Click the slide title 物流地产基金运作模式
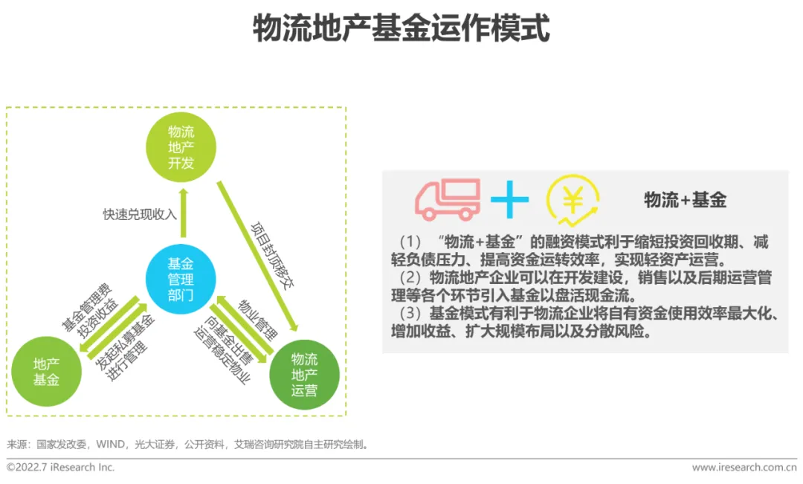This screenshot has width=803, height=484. [x=401, y=29]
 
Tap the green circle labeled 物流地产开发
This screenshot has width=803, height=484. [x=181, y=147]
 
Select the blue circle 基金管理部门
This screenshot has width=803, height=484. [x=181, y=279]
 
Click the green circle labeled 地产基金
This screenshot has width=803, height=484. [x=46, y=372]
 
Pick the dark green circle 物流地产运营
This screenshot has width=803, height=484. [x=304, y=375]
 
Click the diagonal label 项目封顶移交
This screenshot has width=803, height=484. [x=269, y=254]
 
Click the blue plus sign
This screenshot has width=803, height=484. [x=510, y=199]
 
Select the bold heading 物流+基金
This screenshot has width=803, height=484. [x=685, y=199]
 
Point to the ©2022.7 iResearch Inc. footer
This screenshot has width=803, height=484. [x=60, y=468]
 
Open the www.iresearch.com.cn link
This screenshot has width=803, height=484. [x=744, y=468]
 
